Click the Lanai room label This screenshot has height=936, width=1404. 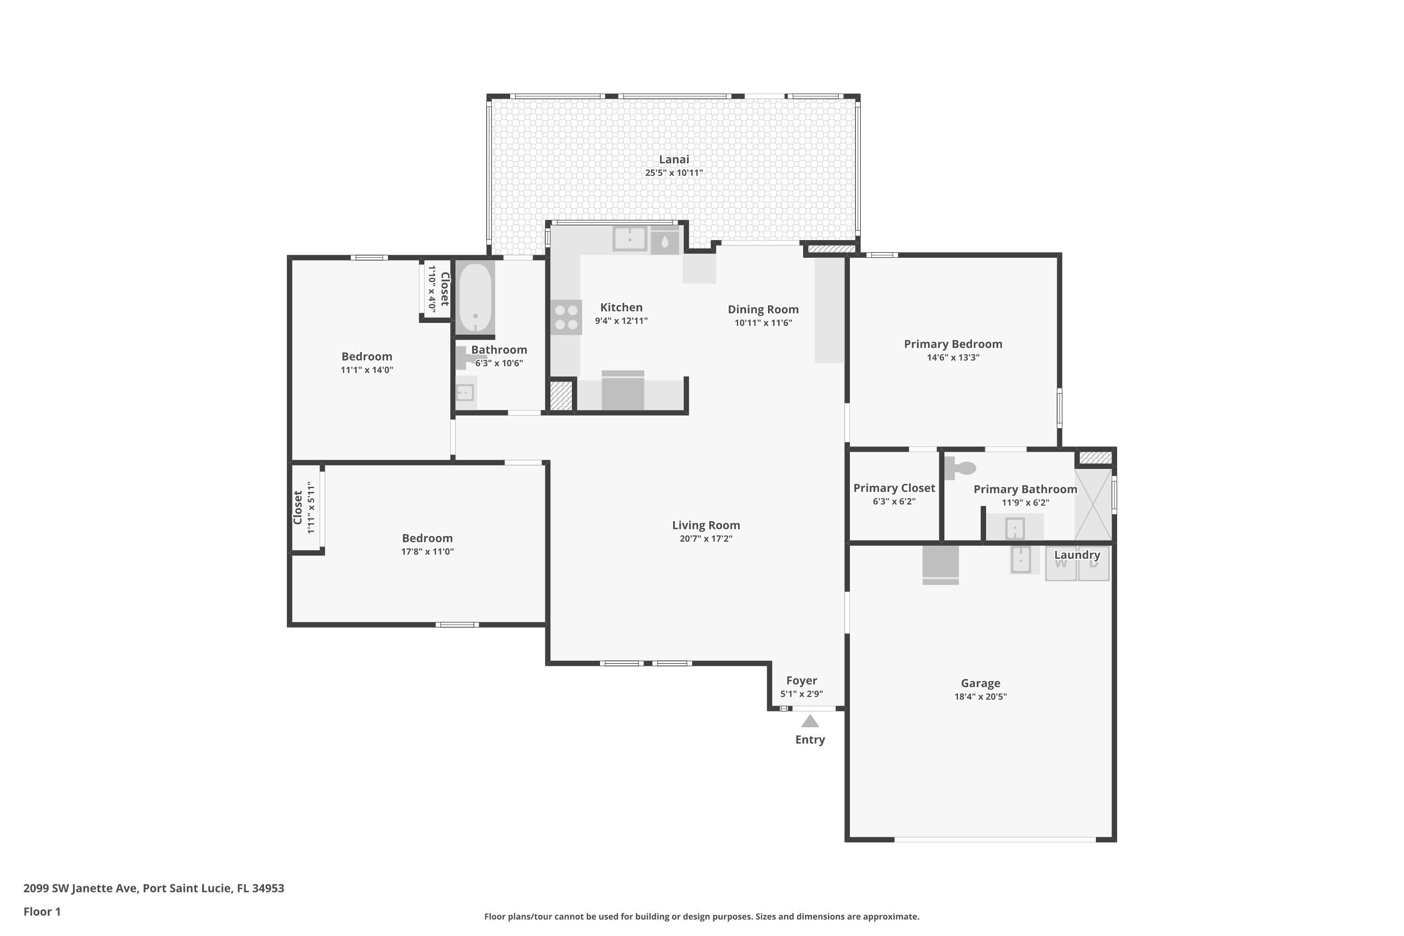pos(673,160)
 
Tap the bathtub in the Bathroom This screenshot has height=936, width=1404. pos(475,297)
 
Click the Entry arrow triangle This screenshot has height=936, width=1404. pos(810,722)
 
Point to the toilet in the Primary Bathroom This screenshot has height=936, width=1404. pos(959,468)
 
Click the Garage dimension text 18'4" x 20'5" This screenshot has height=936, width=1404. pos(980,696)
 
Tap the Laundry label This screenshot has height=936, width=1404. pos(1076,555)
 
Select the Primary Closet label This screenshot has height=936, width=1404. pos(893,488)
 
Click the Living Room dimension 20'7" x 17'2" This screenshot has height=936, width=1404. pos(706,539)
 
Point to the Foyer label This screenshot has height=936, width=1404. pos(801,680)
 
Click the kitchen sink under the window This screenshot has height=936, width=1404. pos(629,239)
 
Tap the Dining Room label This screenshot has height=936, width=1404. pos(763,309)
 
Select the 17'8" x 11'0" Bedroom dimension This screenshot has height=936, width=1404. pos(427,552)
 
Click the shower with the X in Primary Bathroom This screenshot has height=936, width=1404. pos(1093,505)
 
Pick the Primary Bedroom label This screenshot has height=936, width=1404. pos(953,344)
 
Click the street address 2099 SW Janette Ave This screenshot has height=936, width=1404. pos(154,888)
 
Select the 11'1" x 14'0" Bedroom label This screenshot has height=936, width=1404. pos(366,356)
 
